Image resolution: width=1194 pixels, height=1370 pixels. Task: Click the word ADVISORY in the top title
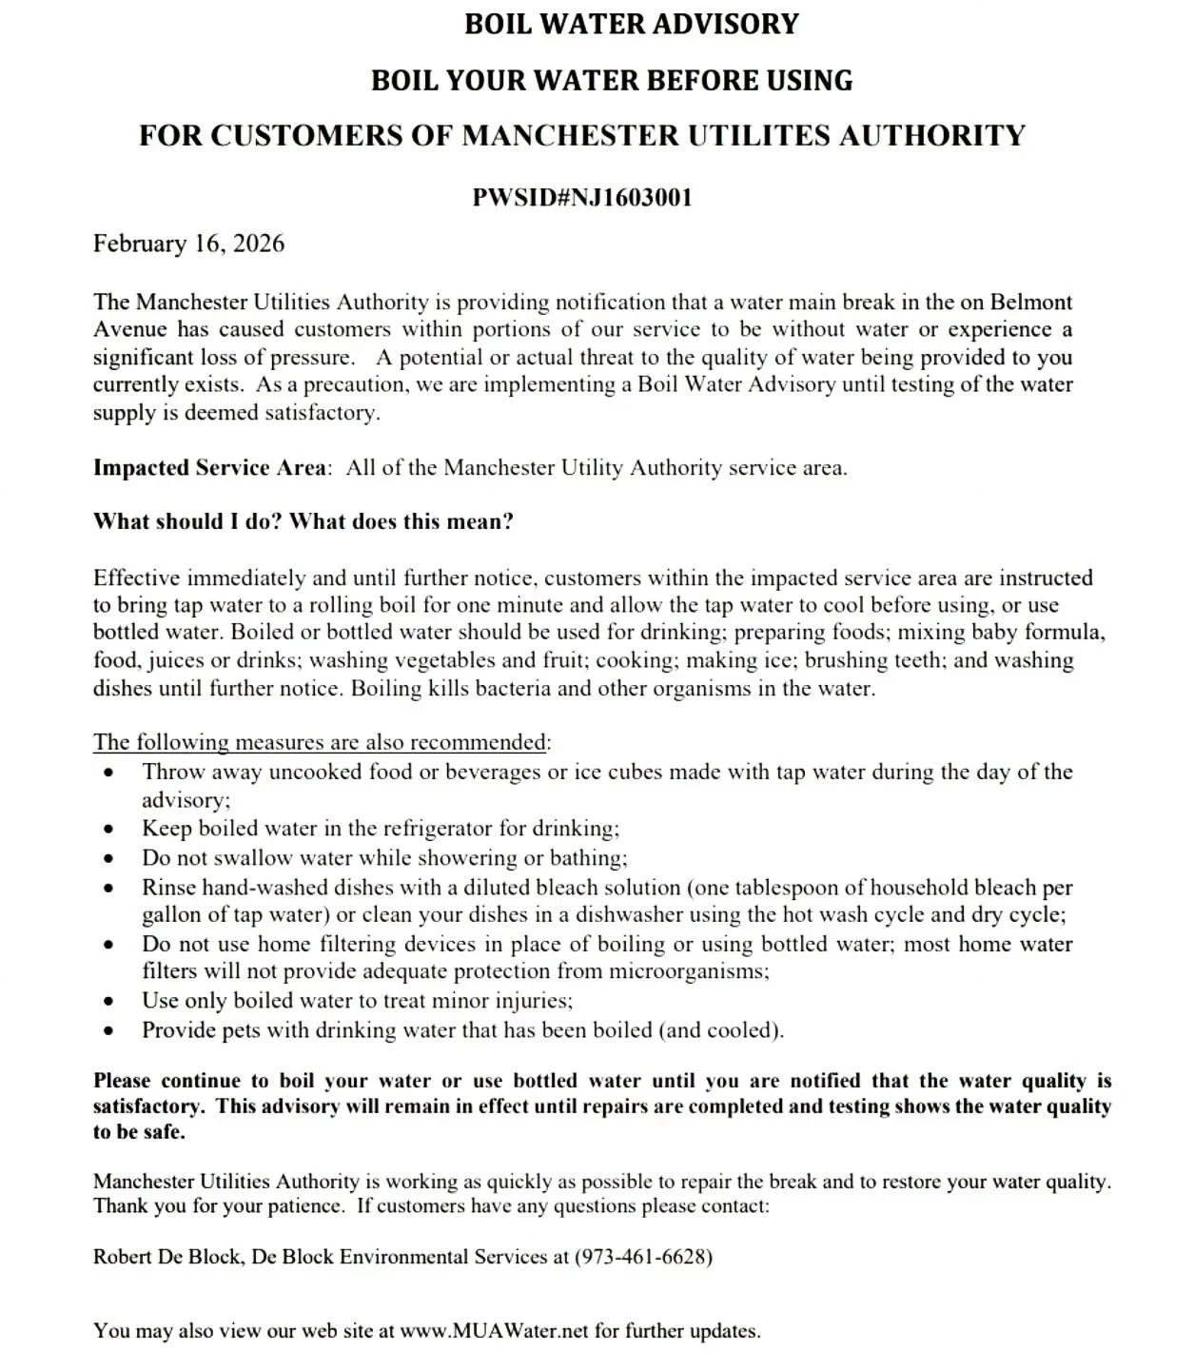click(x=724, y=24)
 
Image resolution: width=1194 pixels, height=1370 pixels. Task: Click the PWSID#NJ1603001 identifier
click(x=582, y=198)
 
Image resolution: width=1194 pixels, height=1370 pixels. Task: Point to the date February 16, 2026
click(x=188, y=244)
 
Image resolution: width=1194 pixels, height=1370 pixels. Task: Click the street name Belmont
click(x=1031, y=303)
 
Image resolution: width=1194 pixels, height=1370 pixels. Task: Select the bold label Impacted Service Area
click(x=209, y=468)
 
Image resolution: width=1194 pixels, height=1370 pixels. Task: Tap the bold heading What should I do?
click(x=187, y=521)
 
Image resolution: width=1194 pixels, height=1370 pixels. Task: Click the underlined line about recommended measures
click(x=320, y=742)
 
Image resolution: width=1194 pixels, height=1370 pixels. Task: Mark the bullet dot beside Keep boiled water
click(x=110, y=830)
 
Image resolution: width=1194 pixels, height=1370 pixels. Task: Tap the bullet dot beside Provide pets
click(x=110, y=1031)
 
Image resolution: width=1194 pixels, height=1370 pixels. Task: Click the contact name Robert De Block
click(x=166, y=1257)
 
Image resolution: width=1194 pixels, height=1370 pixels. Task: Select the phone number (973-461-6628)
click(x=643, y=1257)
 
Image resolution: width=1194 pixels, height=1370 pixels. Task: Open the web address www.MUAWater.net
click(x=495, y=1331)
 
